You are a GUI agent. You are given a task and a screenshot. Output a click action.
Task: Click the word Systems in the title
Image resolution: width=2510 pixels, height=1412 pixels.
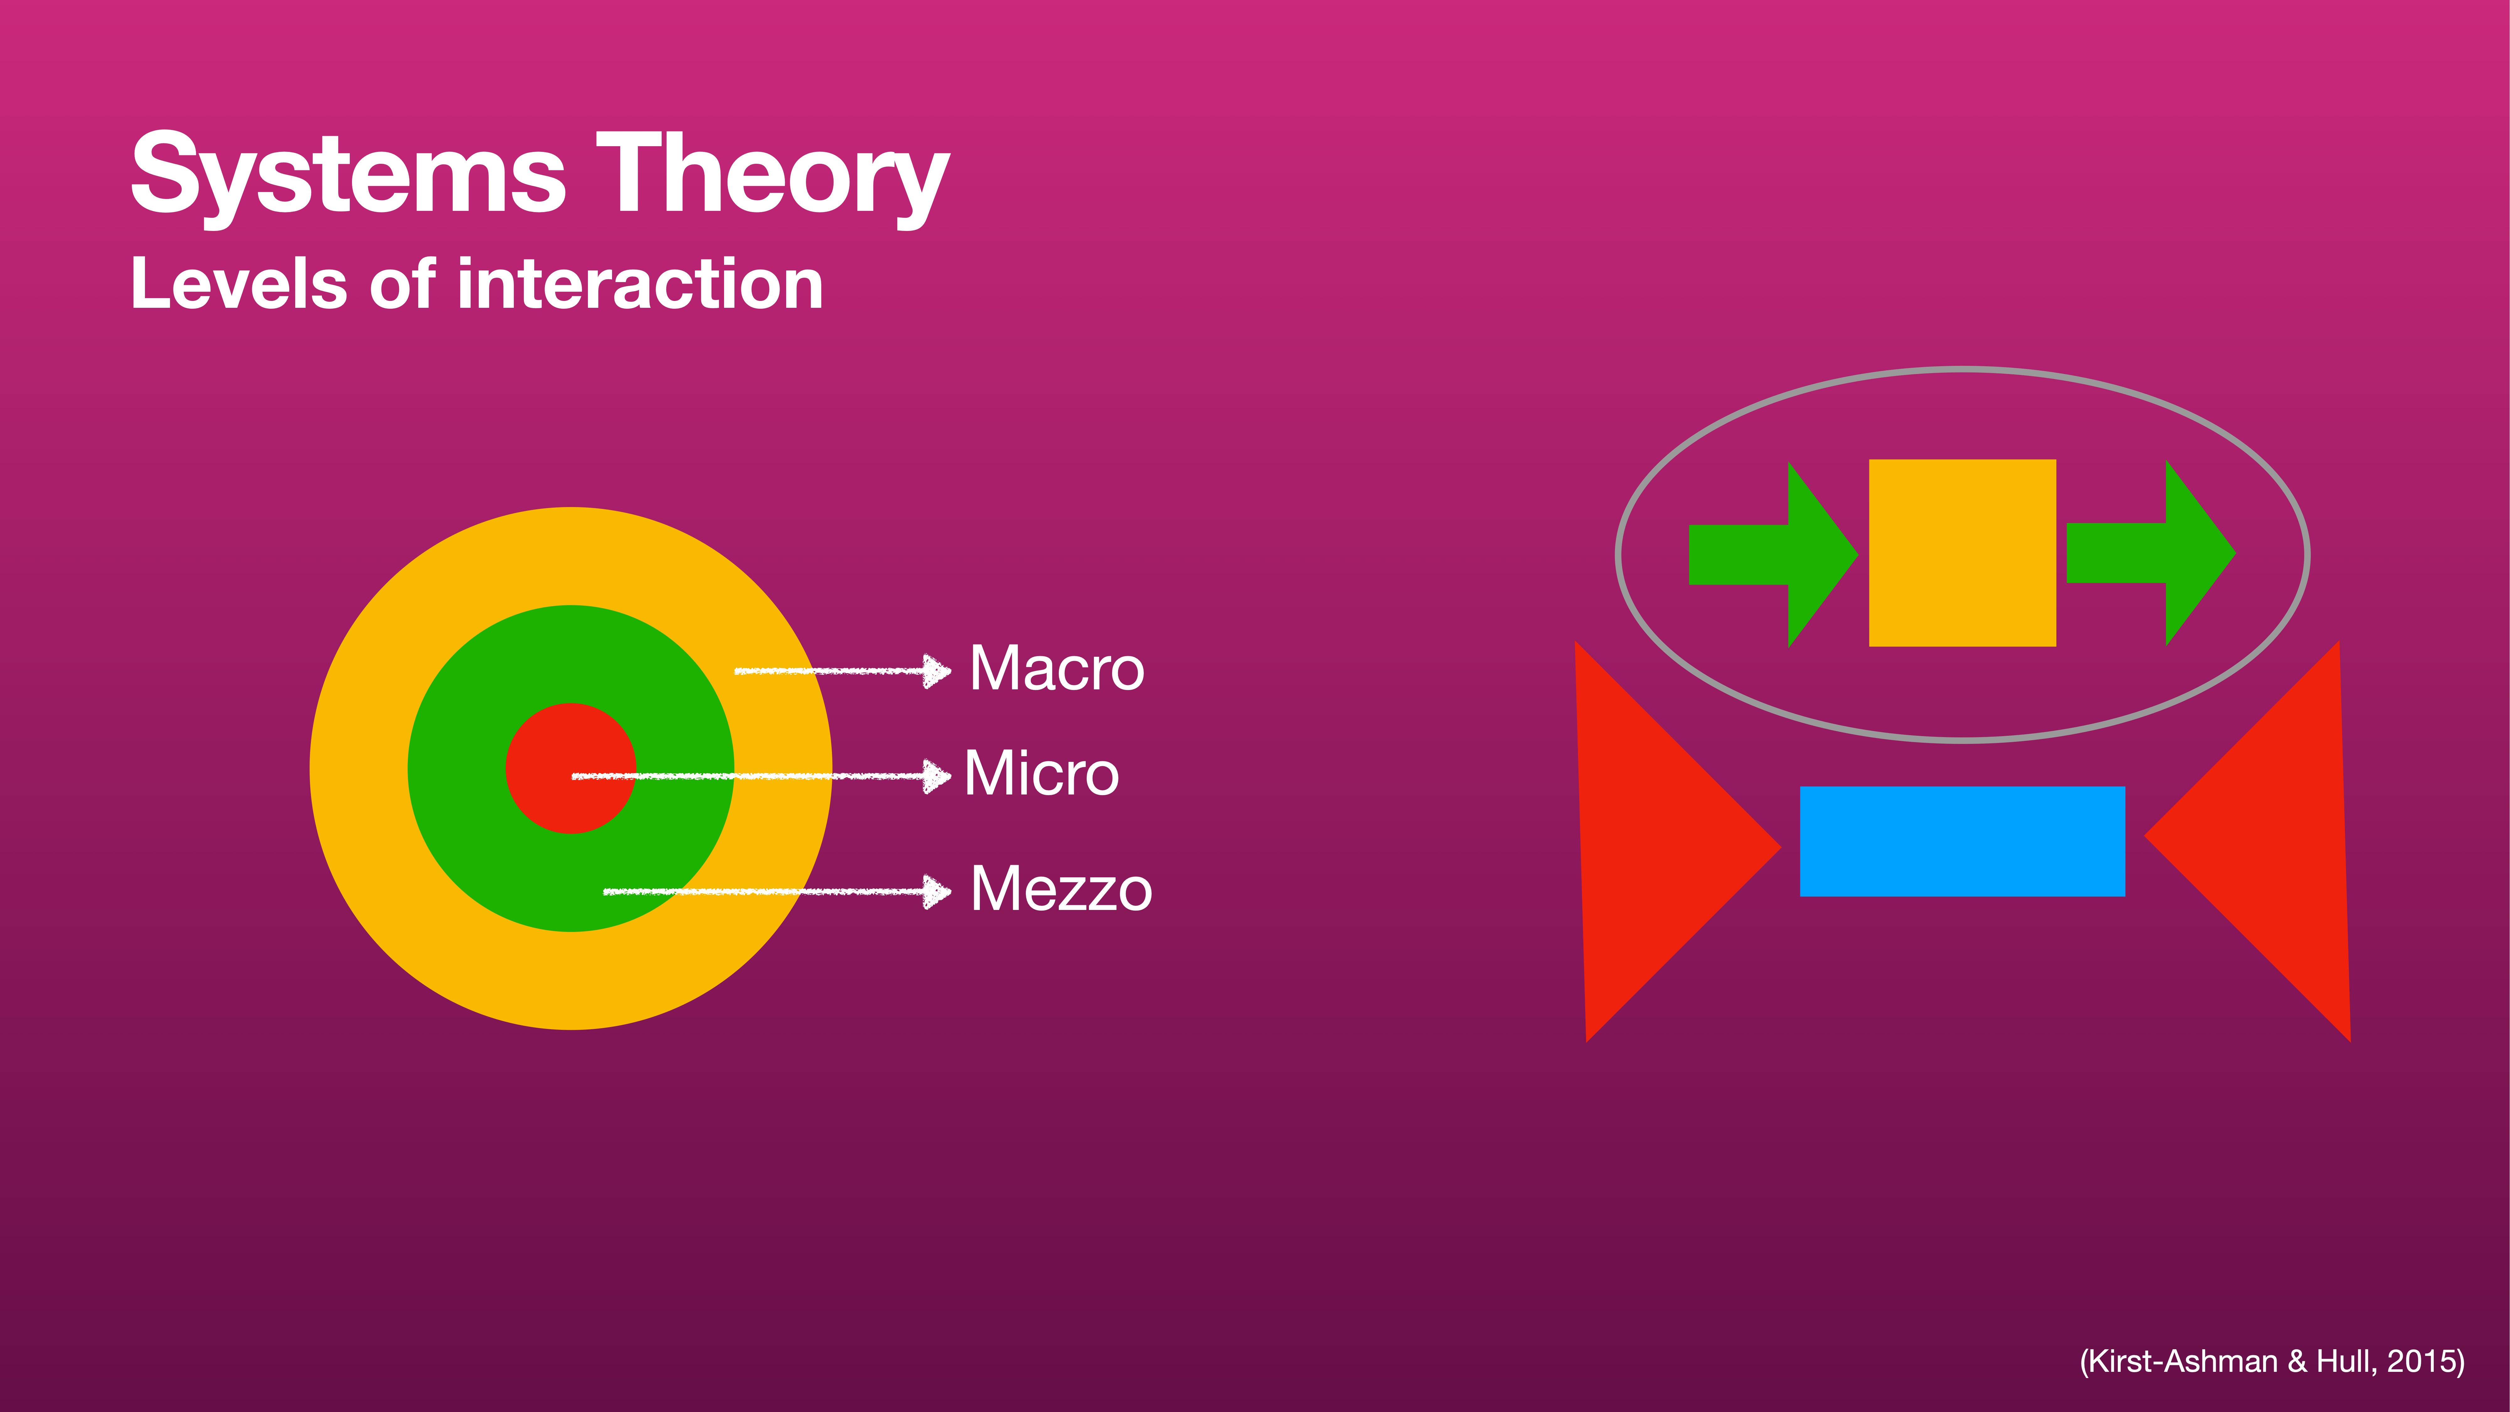click(x=348, y=175)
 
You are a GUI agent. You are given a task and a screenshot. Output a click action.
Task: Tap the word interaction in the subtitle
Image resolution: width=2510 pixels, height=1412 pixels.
click(x=640, y=285)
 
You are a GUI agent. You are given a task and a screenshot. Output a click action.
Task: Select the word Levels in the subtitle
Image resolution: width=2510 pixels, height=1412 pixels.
click(x=239, y=285)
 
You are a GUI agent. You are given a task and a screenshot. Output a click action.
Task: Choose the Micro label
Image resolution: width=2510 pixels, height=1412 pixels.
click(x=1041, y=774)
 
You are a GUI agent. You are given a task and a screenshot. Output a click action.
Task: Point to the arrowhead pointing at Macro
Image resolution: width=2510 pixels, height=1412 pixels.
click(x=937, y=671)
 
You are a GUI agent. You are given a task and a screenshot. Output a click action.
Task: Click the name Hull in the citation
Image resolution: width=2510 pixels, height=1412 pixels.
click(x=2345, y=1361)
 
